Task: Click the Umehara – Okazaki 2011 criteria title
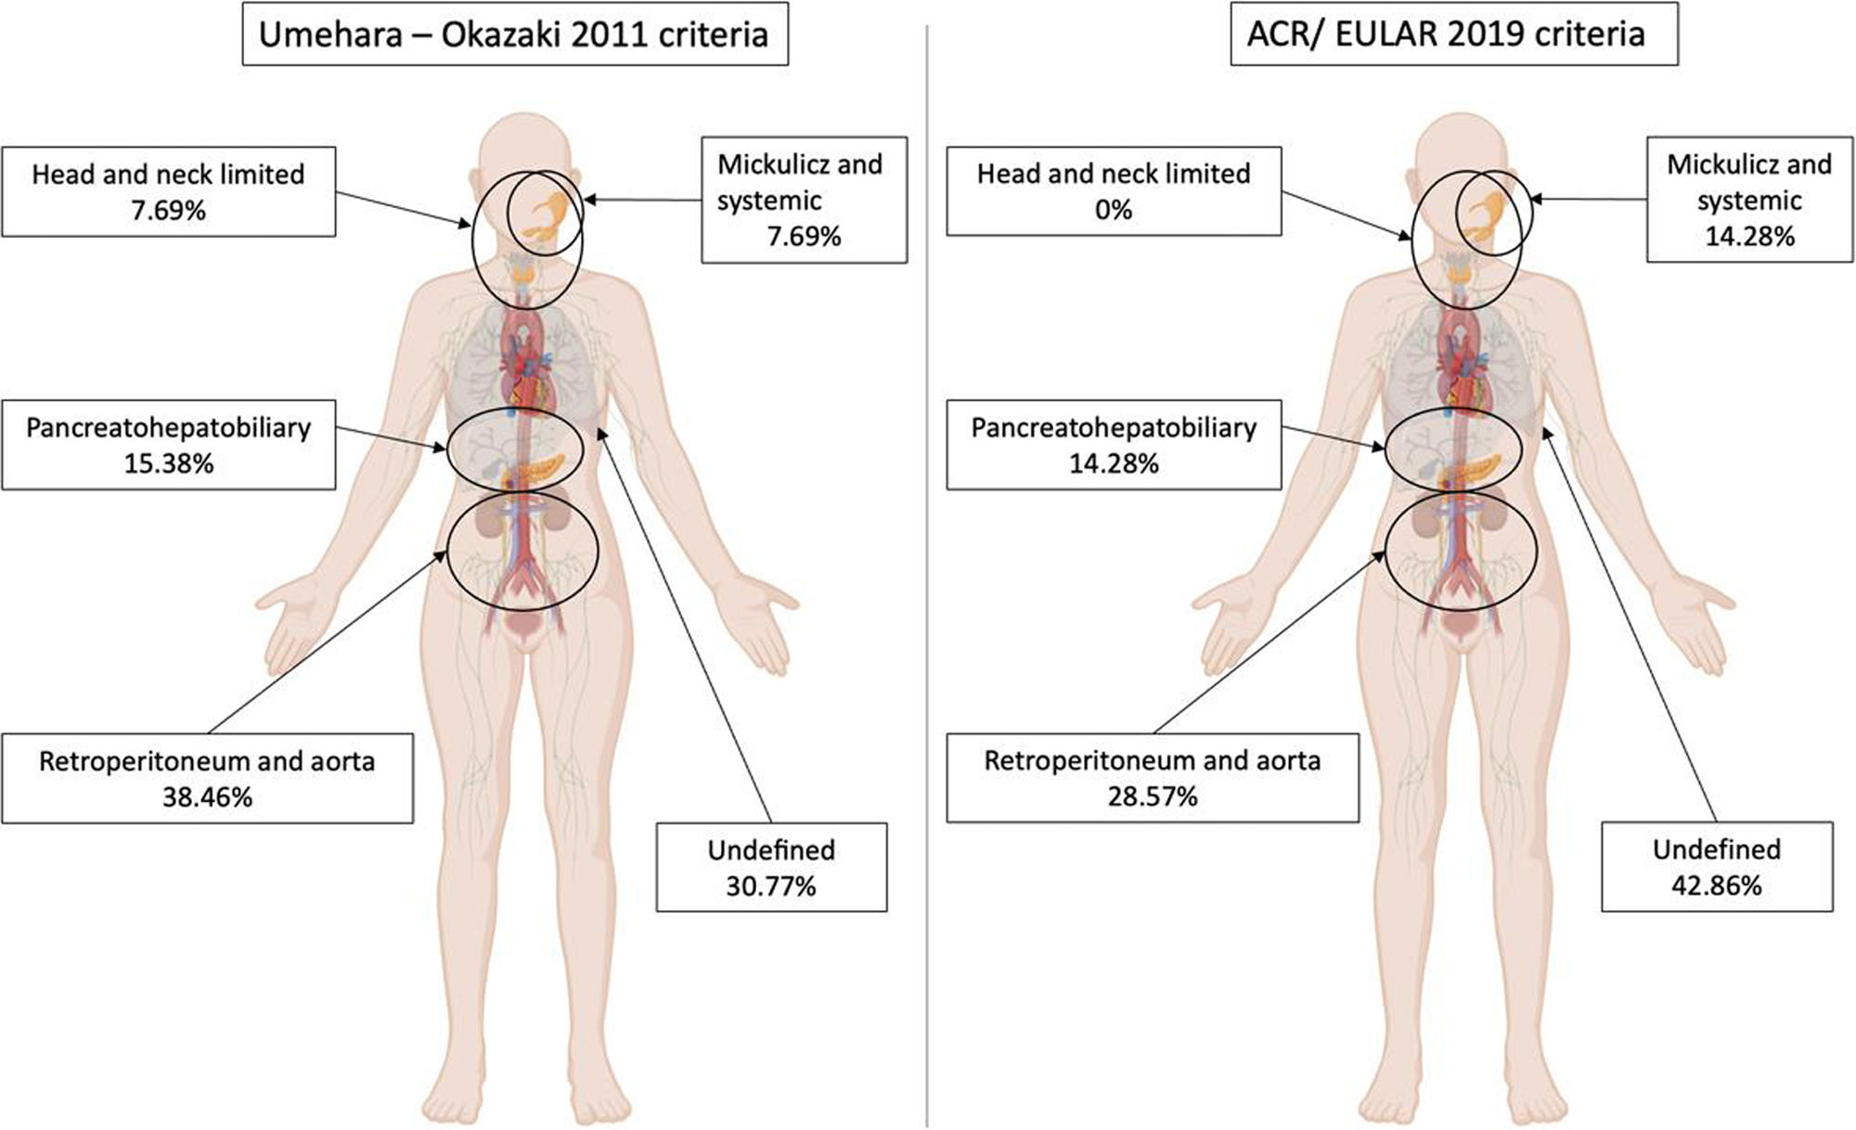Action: tap(514, 35)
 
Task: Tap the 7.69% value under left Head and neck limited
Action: tap(168, 211)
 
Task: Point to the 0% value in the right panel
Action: tap(1113, 210)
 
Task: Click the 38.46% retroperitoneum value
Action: tap(207, 798)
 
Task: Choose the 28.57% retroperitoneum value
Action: tap(1152, 797)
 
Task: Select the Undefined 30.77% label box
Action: tap(771, 867)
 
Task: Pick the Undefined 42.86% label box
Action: tap(1716, 866)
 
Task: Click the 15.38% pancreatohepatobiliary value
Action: tap(168, 463)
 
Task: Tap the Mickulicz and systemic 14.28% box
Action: tap(1748, 200)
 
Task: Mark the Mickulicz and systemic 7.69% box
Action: tap(804, 200)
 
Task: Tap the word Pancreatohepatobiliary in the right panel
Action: tap(1113, 428)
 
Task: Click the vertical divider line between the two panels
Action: tap(927, 576)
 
